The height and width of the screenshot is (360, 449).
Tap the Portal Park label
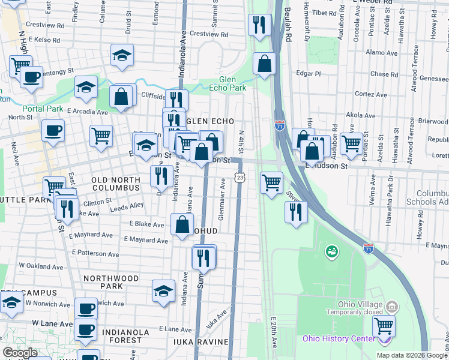[x=43, y=109]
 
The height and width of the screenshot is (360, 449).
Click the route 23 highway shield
[x=240, y=178]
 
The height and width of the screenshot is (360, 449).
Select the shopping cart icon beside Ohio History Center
[x=384, y=327]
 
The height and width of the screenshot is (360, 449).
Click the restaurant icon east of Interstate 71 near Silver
[x=295, y=212]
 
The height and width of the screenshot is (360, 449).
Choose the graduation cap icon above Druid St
[x=122, y=56]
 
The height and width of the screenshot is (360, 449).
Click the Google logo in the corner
[x=20, y=353]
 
